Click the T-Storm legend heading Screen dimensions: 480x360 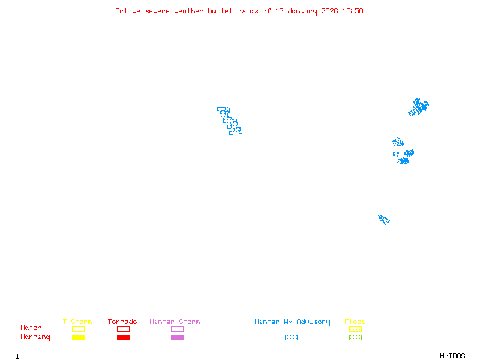tap(77, 322)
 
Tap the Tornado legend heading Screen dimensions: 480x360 tap(122, 322)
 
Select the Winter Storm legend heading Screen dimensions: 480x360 tap(175, 322)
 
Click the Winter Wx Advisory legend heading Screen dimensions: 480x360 tap(292, 322)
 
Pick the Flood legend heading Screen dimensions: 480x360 tap(355, 322)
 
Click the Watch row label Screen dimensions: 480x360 tap(31, 328)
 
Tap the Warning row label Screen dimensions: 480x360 tap(35, 337)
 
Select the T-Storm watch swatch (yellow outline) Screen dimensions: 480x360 tap(78, 329)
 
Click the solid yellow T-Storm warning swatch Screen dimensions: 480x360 tap(78, 338)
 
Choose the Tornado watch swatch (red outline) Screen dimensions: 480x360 tap(123, 329)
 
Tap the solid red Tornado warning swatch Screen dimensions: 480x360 tap(123, 338)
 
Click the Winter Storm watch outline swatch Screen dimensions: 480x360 tap(177, 329)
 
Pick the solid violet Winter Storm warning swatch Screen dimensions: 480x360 tap(177, 338)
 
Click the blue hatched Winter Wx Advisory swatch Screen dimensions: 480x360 tap(291, 338)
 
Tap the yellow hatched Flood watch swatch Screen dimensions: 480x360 tap(355, 329)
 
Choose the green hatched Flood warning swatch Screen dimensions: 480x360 tap(355, 338)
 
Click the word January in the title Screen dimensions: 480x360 tap(302, 11)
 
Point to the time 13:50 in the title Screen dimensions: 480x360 tap(353, 11)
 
